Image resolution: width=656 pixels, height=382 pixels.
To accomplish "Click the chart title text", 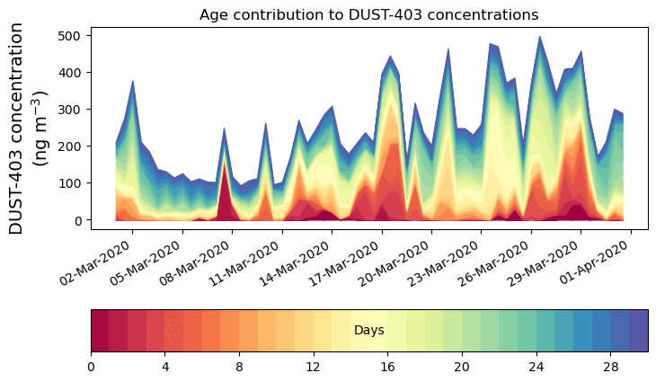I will point(368,14).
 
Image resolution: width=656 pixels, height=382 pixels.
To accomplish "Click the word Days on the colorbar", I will point(368,331).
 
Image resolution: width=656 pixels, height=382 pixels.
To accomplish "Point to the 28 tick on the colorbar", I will point(611,368).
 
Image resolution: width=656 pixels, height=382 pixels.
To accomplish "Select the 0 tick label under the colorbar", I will point(91,368).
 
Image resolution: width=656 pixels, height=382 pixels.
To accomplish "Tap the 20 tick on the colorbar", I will point(462,368).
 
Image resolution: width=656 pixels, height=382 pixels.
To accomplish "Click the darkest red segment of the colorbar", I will point(100,331).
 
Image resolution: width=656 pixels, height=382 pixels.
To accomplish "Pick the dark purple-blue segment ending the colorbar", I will point(639,331).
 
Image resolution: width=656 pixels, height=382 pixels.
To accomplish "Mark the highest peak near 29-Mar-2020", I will point(539,37).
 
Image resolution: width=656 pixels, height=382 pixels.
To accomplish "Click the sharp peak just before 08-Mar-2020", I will point(224,129).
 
